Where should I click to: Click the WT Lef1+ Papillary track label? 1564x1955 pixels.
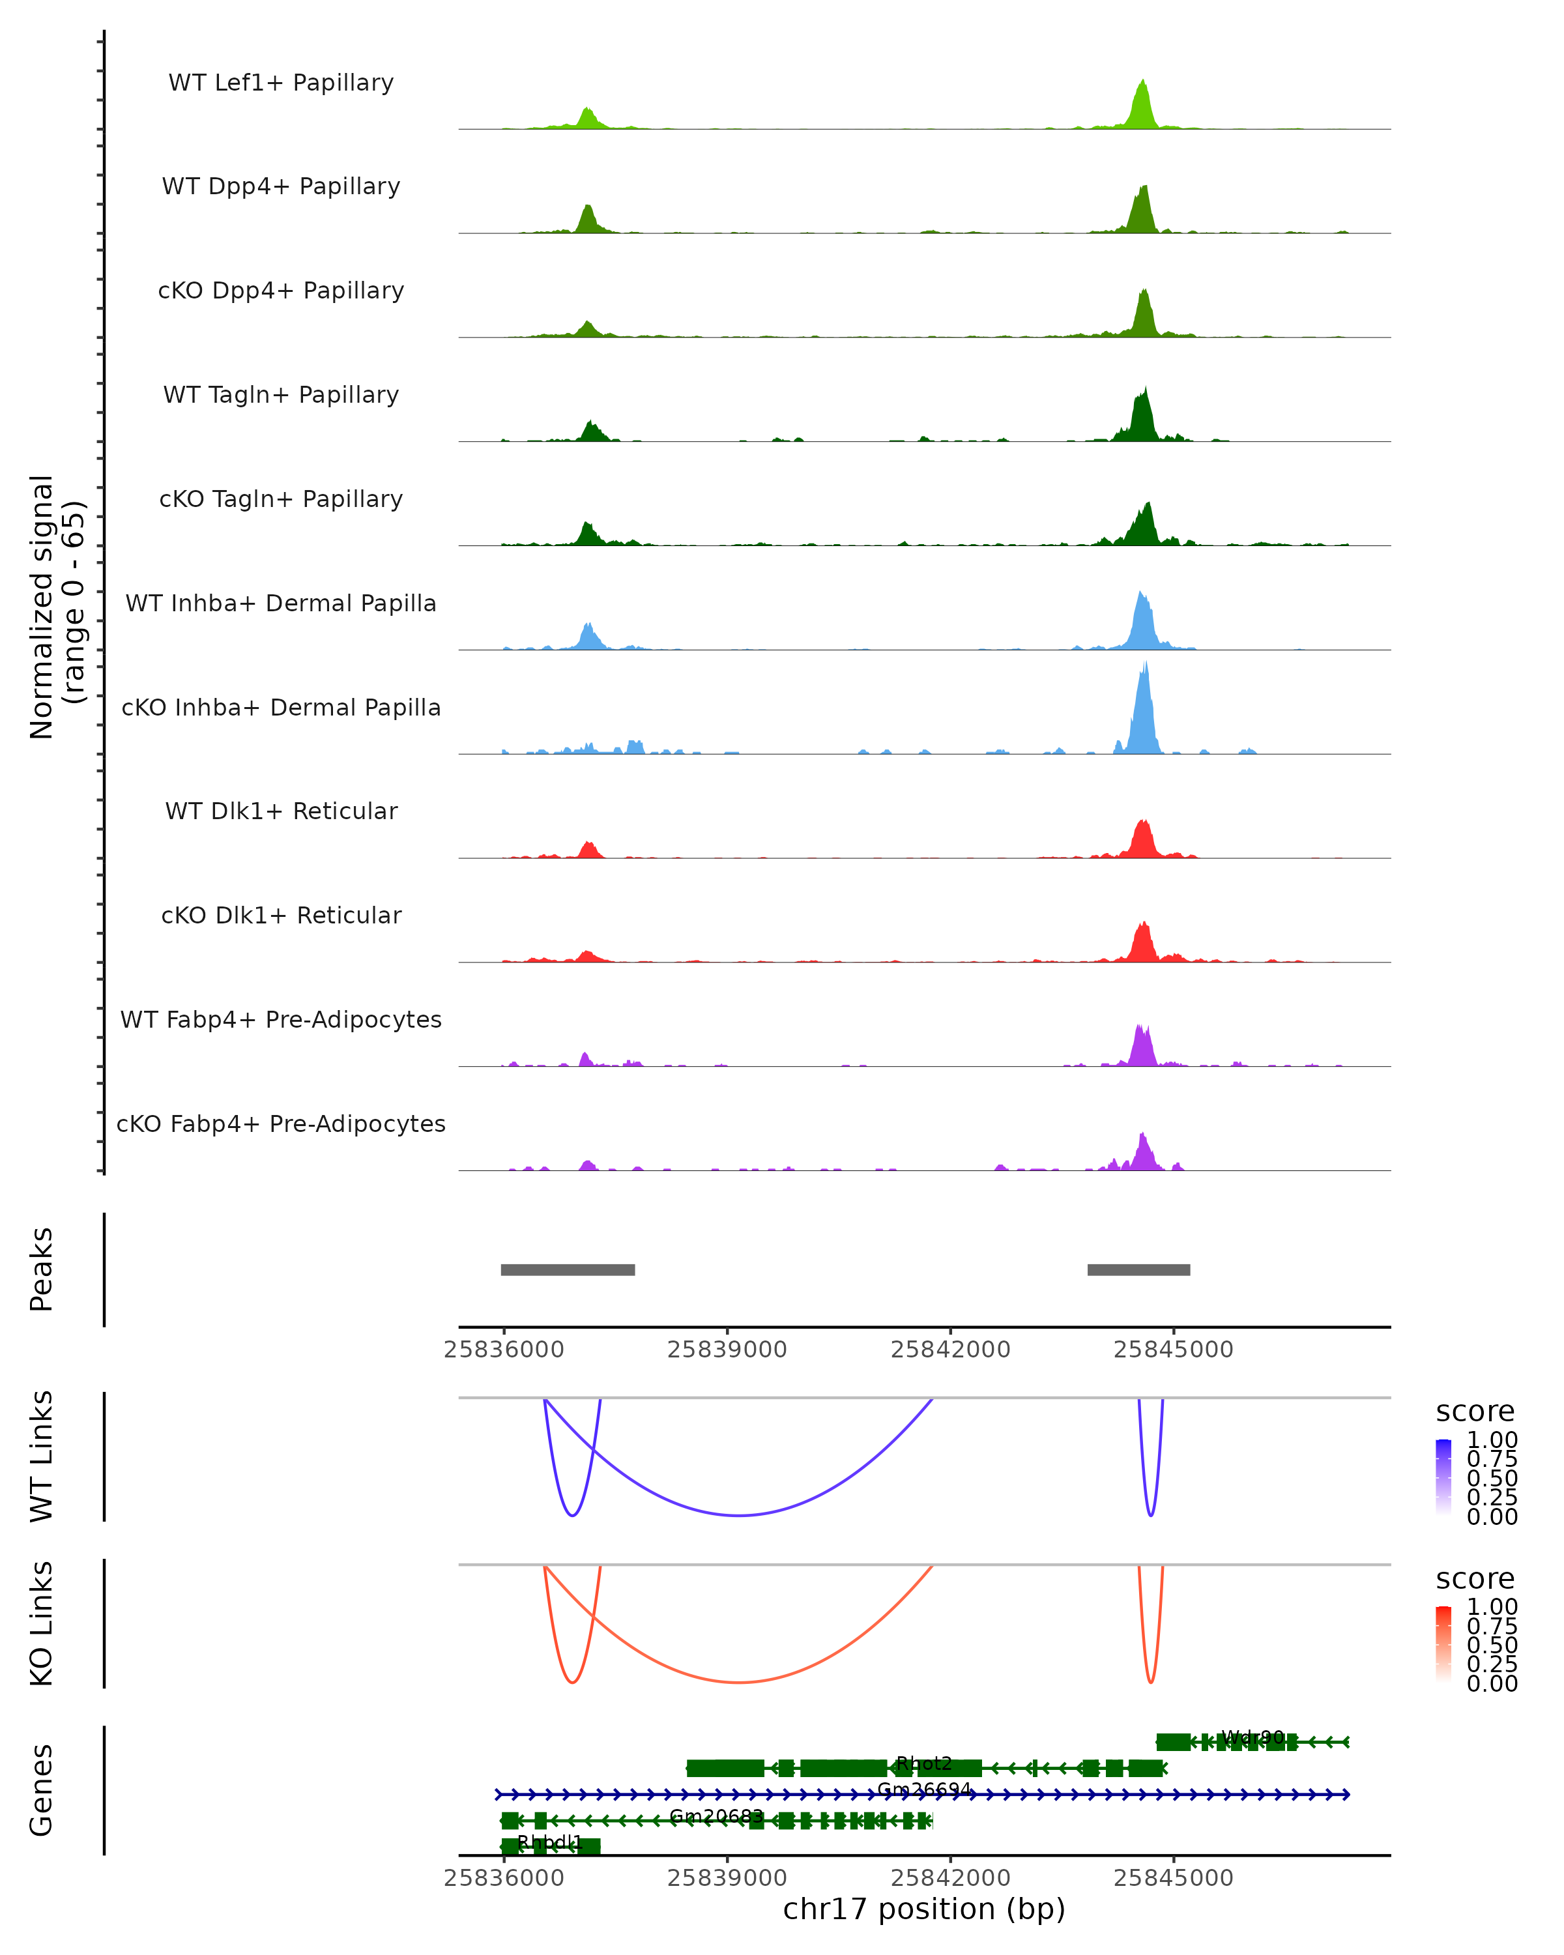tap(281, 83)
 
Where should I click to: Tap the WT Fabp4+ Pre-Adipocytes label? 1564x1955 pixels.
tap(281, 1019)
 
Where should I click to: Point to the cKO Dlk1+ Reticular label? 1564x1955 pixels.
tap(281, 915)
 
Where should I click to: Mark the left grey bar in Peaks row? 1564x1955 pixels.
tap(568, 1269)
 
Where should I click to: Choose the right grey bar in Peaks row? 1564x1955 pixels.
tap(1138, 1269)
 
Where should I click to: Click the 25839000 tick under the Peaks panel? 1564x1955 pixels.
tap(727, 1350)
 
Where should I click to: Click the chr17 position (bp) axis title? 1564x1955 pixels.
tap(924, 1909)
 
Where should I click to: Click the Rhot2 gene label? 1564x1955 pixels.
tap(924, 1763)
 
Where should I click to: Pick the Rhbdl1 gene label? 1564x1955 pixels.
tap(549, 1842)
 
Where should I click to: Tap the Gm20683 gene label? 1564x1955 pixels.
tap(716, 1816)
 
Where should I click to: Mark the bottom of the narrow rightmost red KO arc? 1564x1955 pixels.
tap(1151, 1683)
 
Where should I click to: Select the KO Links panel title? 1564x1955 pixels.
tap(42, 1623)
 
